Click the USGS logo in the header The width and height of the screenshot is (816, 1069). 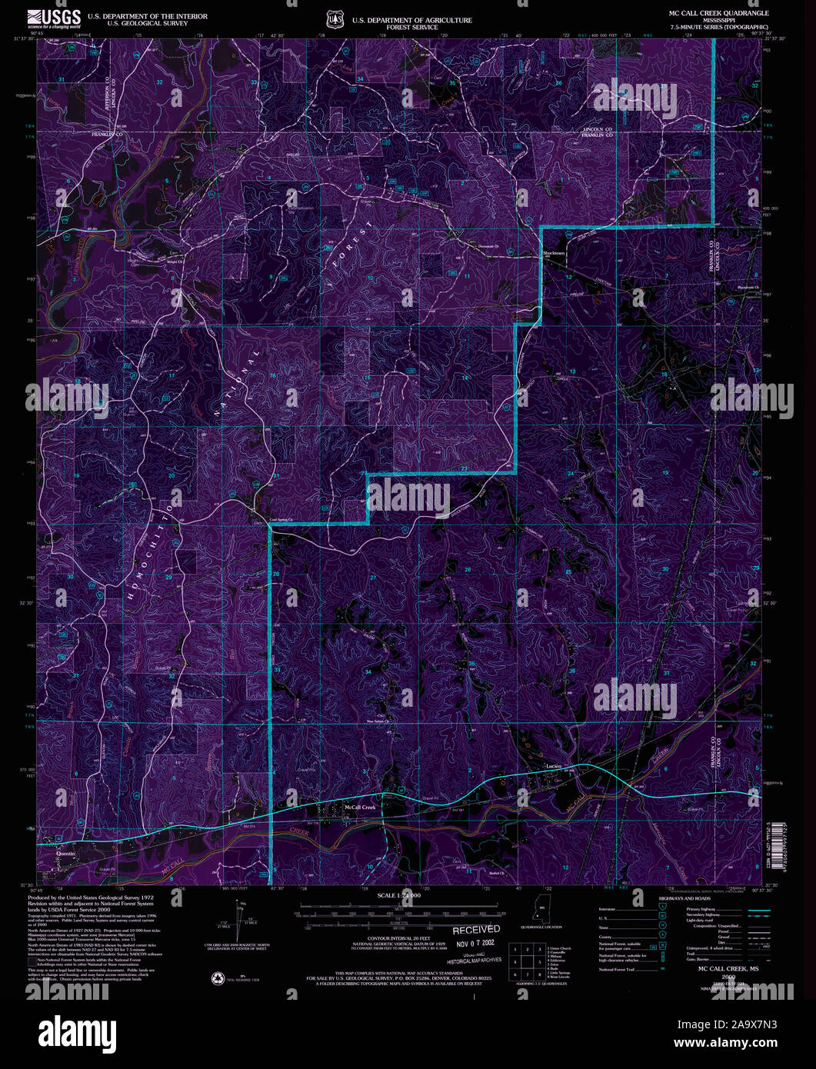[x=53, y=18]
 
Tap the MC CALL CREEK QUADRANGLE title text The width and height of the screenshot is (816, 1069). [x=718, y=14]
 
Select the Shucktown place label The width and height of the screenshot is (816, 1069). [x=554, y=253]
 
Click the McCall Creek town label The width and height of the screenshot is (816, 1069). [x=359, y=807]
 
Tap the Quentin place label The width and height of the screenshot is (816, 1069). [x=66, y=853]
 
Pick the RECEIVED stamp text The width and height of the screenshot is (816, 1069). [x=475, y=930]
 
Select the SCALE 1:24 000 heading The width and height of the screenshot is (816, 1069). [x=398, y=896]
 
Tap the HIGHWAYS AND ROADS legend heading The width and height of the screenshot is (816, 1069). [x=685, y=898]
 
